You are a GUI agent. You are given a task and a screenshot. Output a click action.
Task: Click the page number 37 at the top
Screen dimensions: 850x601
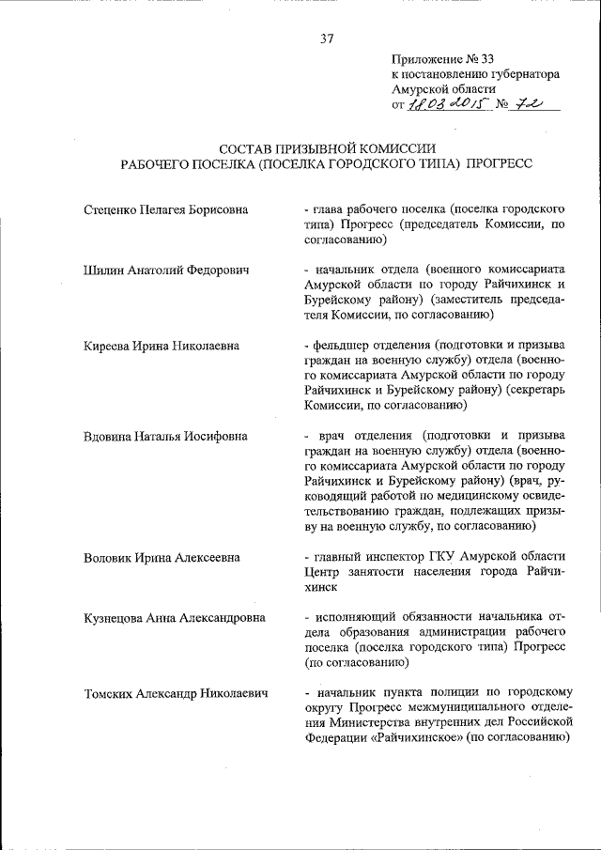point(327,39)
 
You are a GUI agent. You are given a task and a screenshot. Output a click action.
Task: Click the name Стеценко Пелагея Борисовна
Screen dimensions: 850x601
point(165,209)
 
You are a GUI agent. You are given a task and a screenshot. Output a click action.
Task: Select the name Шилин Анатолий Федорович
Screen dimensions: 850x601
point(166,270)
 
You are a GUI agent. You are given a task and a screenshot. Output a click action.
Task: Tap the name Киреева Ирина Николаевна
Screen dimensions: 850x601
point(162,346)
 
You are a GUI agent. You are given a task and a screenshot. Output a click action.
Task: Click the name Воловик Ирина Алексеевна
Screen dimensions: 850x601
point(161,557)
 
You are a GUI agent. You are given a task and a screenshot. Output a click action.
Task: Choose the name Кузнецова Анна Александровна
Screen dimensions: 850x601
point(174,618)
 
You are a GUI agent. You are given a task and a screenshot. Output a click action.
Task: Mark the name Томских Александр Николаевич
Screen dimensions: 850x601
point(176,694)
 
